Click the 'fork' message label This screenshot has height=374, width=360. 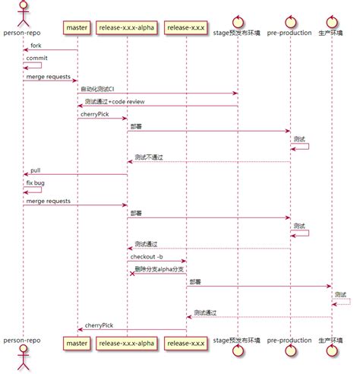[36, 46]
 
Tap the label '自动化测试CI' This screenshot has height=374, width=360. [97, 89]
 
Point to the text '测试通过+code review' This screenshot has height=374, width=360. [115, 101]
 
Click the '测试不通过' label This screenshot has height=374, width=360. [148, 157]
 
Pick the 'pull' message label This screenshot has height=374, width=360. [36, 170]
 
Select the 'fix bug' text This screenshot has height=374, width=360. [36, 182]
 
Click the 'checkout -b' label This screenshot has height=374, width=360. [146, 256]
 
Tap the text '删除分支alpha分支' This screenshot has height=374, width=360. [159, 268]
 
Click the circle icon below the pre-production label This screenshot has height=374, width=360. [289, 357]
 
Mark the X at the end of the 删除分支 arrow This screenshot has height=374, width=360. [131, 274]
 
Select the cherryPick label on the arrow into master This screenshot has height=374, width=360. [99, 325]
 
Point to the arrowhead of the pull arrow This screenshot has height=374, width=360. [25, 175]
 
